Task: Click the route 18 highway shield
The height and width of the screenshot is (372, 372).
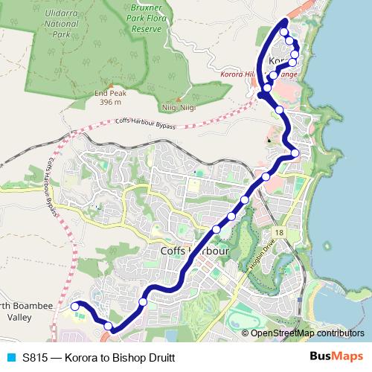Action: tap(279, 233)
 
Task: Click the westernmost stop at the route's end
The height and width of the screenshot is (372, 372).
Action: tap(74, 306)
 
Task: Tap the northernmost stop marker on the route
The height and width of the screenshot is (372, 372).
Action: tap(284, 33)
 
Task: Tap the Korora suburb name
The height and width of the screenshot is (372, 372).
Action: tap(279, 60)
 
